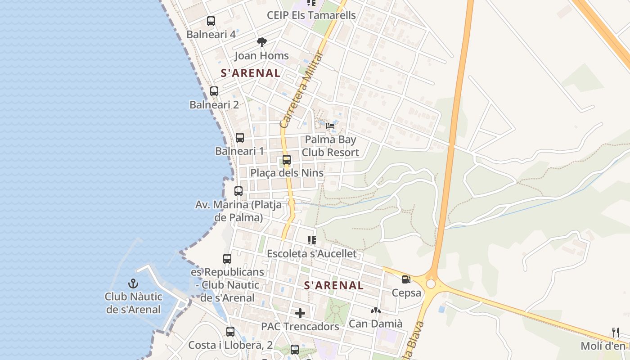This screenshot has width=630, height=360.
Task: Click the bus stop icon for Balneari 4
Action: pyautogui.click(x=211, y=21)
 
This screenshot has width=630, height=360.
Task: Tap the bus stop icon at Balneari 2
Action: pyautogui.click(x=214, y=91)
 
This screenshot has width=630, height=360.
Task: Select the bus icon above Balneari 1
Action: pyautogui.click(x=240, y=138)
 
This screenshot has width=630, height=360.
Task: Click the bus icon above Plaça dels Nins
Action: pyautogui.click(x=287, y=160)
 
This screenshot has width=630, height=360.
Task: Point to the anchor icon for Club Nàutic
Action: pyautogui.click(x=133, y=283)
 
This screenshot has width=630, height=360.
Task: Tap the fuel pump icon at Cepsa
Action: pyautogui.click(x=406, y=279)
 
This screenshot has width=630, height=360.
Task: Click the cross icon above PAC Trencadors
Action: pyautogui.click(x=300, y=313)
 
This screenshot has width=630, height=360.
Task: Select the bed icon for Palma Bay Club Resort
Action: pyautogui.click(x=330, y=126)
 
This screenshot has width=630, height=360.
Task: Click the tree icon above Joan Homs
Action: pyautogui.click(x=261, y=42)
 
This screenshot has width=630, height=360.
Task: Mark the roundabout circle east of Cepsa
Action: pyautogui.click(x=431, y=283)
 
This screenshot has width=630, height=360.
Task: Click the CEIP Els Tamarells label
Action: pyautogui.click(x=311, y=15)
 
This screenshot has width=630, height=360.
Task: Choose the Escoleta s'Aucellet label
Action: pyautogui.click(x=311, y=254)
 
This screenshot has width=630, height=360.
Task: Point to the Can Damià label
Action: pyautogui.click(x=375, y=324)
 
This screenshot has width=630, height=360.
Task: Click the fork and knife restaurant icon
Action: pyautogui.click(x=615, y=333)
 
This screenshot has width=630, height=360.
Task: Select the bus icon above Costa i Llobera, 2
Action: pyautogui.click(x=230, y=332)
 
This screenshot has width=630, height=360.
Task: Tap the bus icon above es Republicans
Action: pyautogui.click(x=227, y=259)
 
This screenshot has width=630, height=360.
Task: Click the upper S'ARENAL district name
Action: pyautogui.click(x=250, y=73)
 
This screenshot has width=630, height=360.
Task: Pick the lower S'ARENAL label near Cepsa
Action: pyautogui.click(x=334, y=285)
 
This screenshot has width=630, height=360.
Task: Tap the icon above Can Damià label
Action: pyautogui.click(x=375, y=310)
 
